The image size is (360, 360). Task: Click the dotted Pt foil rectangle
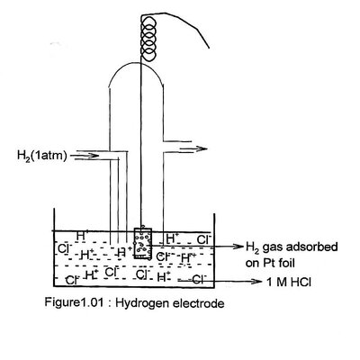click(x=141, y=243)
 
